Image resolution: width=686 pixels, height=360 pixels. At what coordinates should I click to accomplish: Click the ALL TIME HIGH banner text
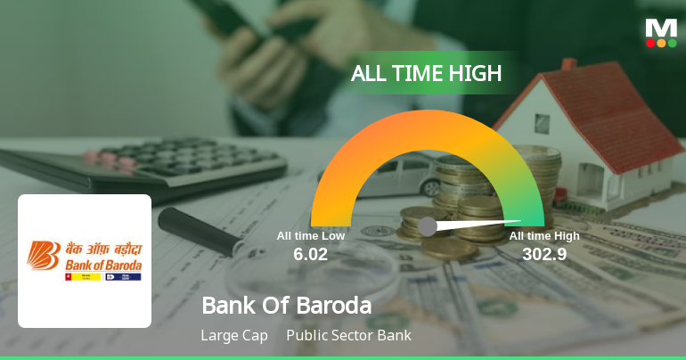(426, 74)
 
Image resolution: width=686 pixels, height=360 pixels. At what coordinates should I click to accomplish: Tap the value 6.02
(310, 254)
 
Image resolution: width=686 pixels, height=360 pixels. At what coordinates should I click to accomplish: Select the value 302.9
(543, 254)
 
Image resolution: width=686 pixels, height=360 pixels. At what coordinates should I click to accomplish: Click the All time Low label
(310, 236)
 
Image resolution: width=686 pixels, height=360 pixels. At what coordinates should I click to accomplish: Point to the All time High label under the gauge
(543, 236)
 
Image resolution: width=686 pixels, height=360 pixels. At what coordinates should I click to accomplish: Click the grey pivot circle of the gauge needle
(428, 226)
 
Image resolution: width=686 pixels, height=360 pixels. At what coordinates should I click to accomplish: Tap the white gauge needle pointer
(481, 223)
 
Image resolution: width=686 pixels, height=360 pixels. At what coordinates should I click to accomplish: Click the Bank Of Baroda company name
(286, 306)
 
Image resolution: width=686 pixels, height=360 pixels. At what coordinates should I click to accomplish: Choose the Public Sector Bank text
(348, 336)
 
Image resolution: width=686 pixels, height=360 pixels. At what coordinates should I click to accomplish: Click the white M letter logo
(661, 28)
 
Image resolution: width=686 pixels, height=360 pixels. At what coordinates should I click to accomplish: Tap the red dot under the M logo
(650, 43)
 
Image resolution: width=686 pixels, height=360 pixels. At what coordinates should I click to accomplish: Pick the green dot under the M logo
(672, 43)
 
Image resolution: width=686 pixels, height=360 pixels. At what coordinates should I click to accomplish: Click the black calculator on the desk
(151, 165)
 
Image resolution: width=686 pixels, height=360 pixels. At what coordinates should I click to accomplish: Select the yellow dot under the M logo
(661, 43)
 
